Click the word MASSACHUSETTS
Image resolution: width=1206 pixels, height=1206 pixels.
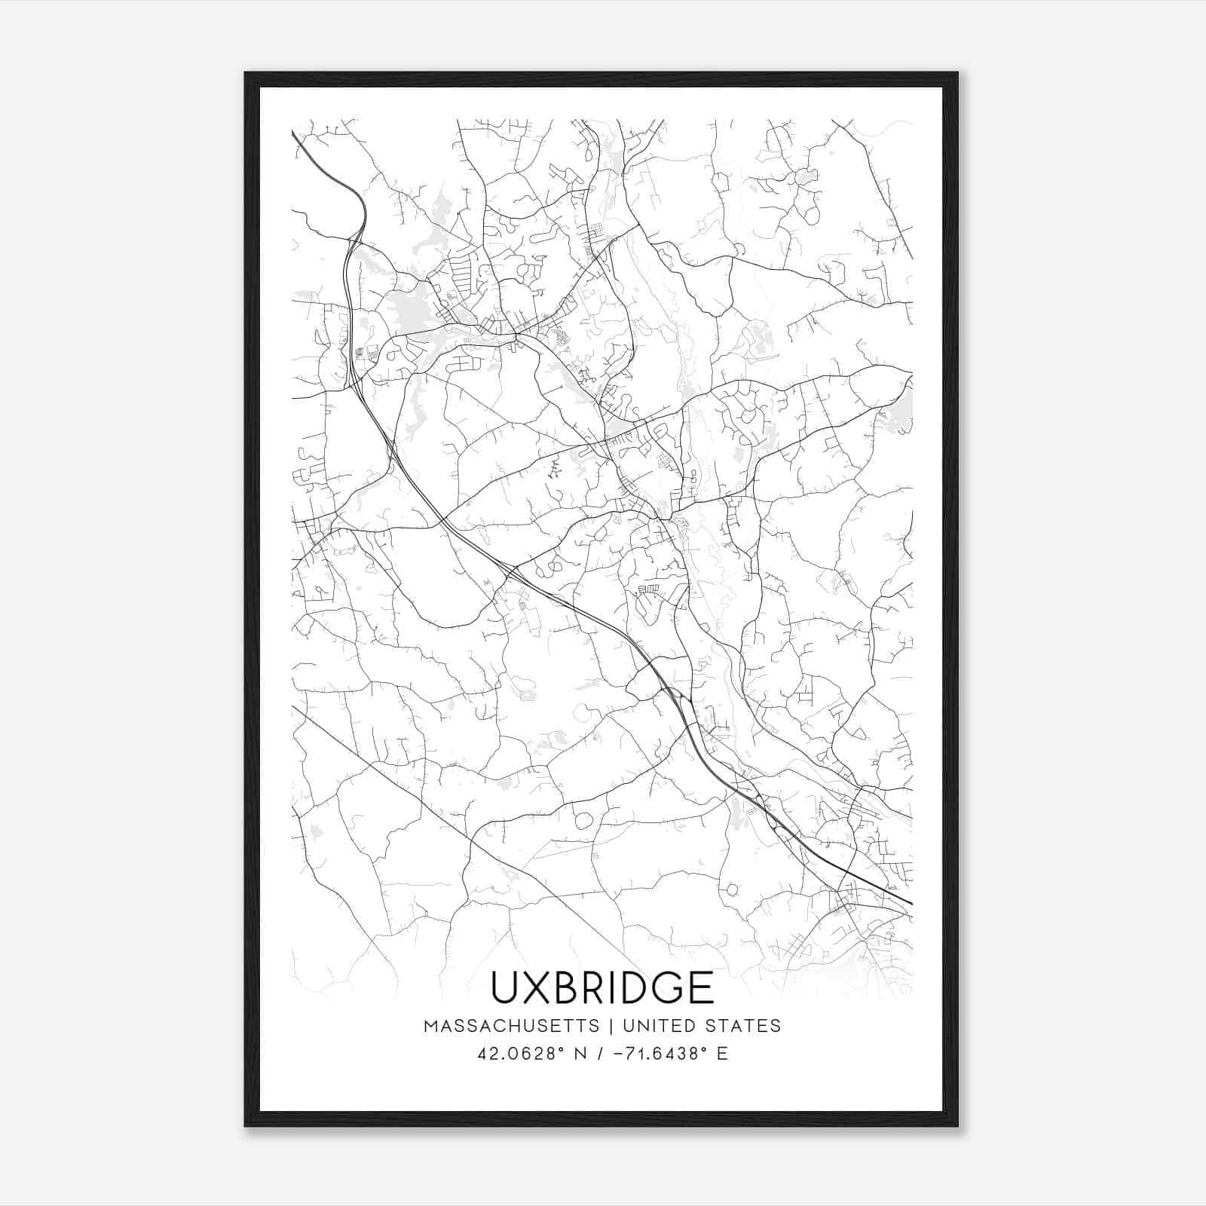512,1026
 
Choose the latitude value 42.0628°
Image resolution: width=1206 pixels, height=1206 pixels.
519,1053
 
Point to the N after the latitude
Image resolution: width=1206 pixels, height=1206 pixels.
581,1053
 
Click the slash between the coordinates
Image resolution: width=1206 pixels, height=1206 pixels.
600,1053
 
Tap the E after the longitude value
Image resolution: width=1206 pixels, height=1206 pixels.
722,1053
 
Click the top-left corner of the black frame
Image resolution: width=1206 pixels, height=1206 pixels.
246,73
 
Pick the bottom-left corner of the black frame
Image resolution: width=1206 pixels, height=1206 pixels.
246,1125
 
